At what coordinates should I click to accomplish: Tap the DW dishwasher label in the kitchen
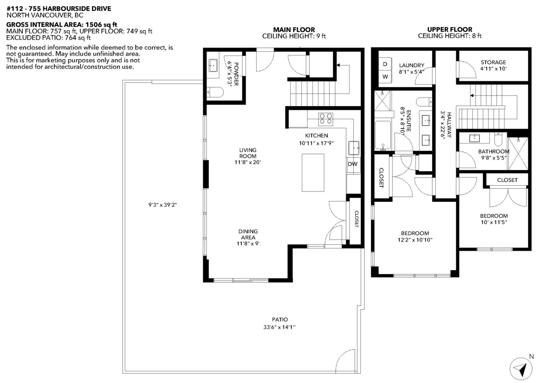(x=352, y=164)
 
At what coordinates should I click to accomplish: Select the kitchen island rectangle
(x=313, y=173)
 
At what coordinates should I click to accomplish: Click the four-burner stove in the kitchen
(x=326, y=119)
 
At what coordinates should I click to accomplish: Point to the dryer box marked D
(x=385, y=65)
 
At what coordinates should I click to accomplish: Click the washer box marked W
(x=385, y=77)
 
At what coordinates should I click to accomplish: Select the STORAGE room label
(x=493, y=62)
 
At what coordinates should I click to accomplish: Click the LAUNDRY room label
(x=411, y=65)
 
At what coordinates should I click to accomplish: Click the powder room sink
(x=213, y=66)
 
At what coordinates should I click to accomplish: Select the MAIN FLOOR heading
(x=294, y=30)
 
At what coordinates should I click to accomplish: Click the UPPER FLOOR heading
(x=449, y=30)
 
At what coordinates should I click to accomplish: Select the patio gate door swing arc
(x=346, y=359)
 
